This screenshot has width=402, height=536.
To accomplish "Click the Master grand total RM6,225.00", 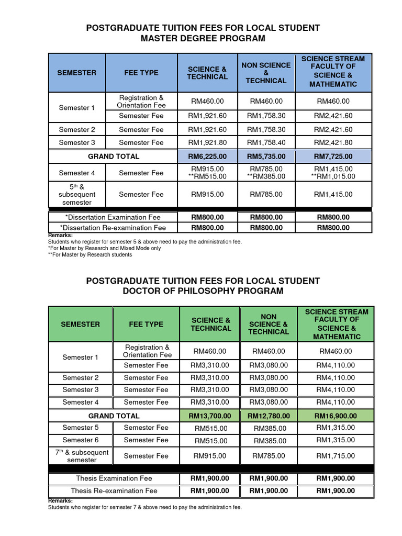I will click(208, 156).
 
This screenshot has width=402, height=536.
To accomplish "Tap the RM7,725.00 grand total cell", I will click(333, 156).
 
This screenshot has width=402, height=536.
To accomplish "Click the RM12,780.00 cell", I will click(269, 416).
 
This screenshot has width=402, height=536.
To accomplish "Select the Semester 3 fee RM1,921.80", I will click(208, 142).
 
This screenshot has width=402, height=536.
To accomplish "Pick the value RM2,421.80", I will click(333, 142).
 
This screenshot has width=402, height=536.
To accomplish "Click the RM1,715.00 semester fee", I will click(335, 456).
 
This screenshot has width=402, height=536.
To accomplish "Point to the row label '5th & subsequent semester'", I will click(77, 194).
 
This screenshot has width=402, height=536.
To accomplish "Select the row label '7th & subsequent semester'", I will click(80, 456).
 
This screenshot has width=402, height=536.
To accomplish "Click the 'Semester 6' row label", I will click(80, 440).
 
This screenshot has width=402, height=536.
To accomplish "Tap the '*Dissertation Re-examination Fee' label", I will click(113, 228).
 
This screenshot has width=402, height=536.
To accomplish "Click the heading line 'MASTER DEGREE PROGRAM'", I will click(203, 39).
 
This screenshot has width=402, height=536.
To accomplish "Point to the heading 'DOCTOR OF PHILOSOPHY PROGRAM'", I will click(203, 291).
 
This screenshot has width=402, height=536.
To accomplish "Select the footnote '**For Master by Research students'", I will click(90, 255).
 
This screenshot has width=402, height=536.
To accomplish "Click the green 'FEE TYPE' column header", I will click(146, 324).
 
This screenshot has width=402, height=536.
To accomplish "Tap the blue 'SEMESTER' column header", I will click(77, 73).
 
